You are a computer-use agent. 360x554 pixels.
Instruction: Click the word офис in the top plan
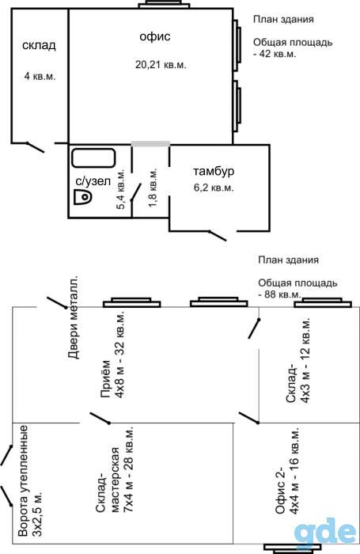pyautogui.click(x=155, y=36)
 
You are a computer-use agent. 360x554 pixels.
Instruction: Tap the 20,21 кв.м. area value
pyautogui.click(x=161, y=65)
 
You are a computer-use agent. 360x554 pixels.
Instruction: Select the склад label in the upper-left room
pyautogui.click(x=39, y=46)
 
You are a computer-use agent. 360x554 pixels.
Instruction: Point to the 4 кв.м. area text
pyautogui.click(x=40, y=76)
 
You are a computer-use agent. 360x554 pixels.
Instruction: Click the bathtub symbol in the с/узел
pyautogui.click(x=93, y=158)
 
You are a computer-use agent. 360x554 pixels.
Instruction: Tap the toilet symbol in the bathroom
pyautogui.click(x=82, y=197)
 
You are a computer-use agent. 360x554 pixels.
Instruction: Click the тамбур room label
pyautogui.click(x=214, y=172)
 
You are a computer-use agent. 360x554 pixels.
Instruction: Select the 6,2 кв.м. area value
pyautogui.click(x=214, y=188)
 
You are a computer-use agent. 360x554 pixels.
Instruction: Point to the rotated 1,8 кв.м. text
pyautogui.click(x=153, y=188)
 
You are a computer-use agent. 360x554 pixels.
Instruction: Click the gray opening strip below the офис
pyautogui.click(x=150, y=144)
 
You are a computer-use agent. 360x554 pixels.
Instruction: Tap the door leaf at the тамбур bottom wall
pyautogui.click(x=217, y=236)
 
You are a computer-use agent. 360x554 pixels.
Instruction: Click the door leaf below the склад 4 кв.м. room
pyautogui.click(x=35, y=147)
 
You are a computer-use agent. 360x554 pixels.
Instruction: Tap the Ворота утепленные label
pyautogui.click(x=29, y=481)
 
